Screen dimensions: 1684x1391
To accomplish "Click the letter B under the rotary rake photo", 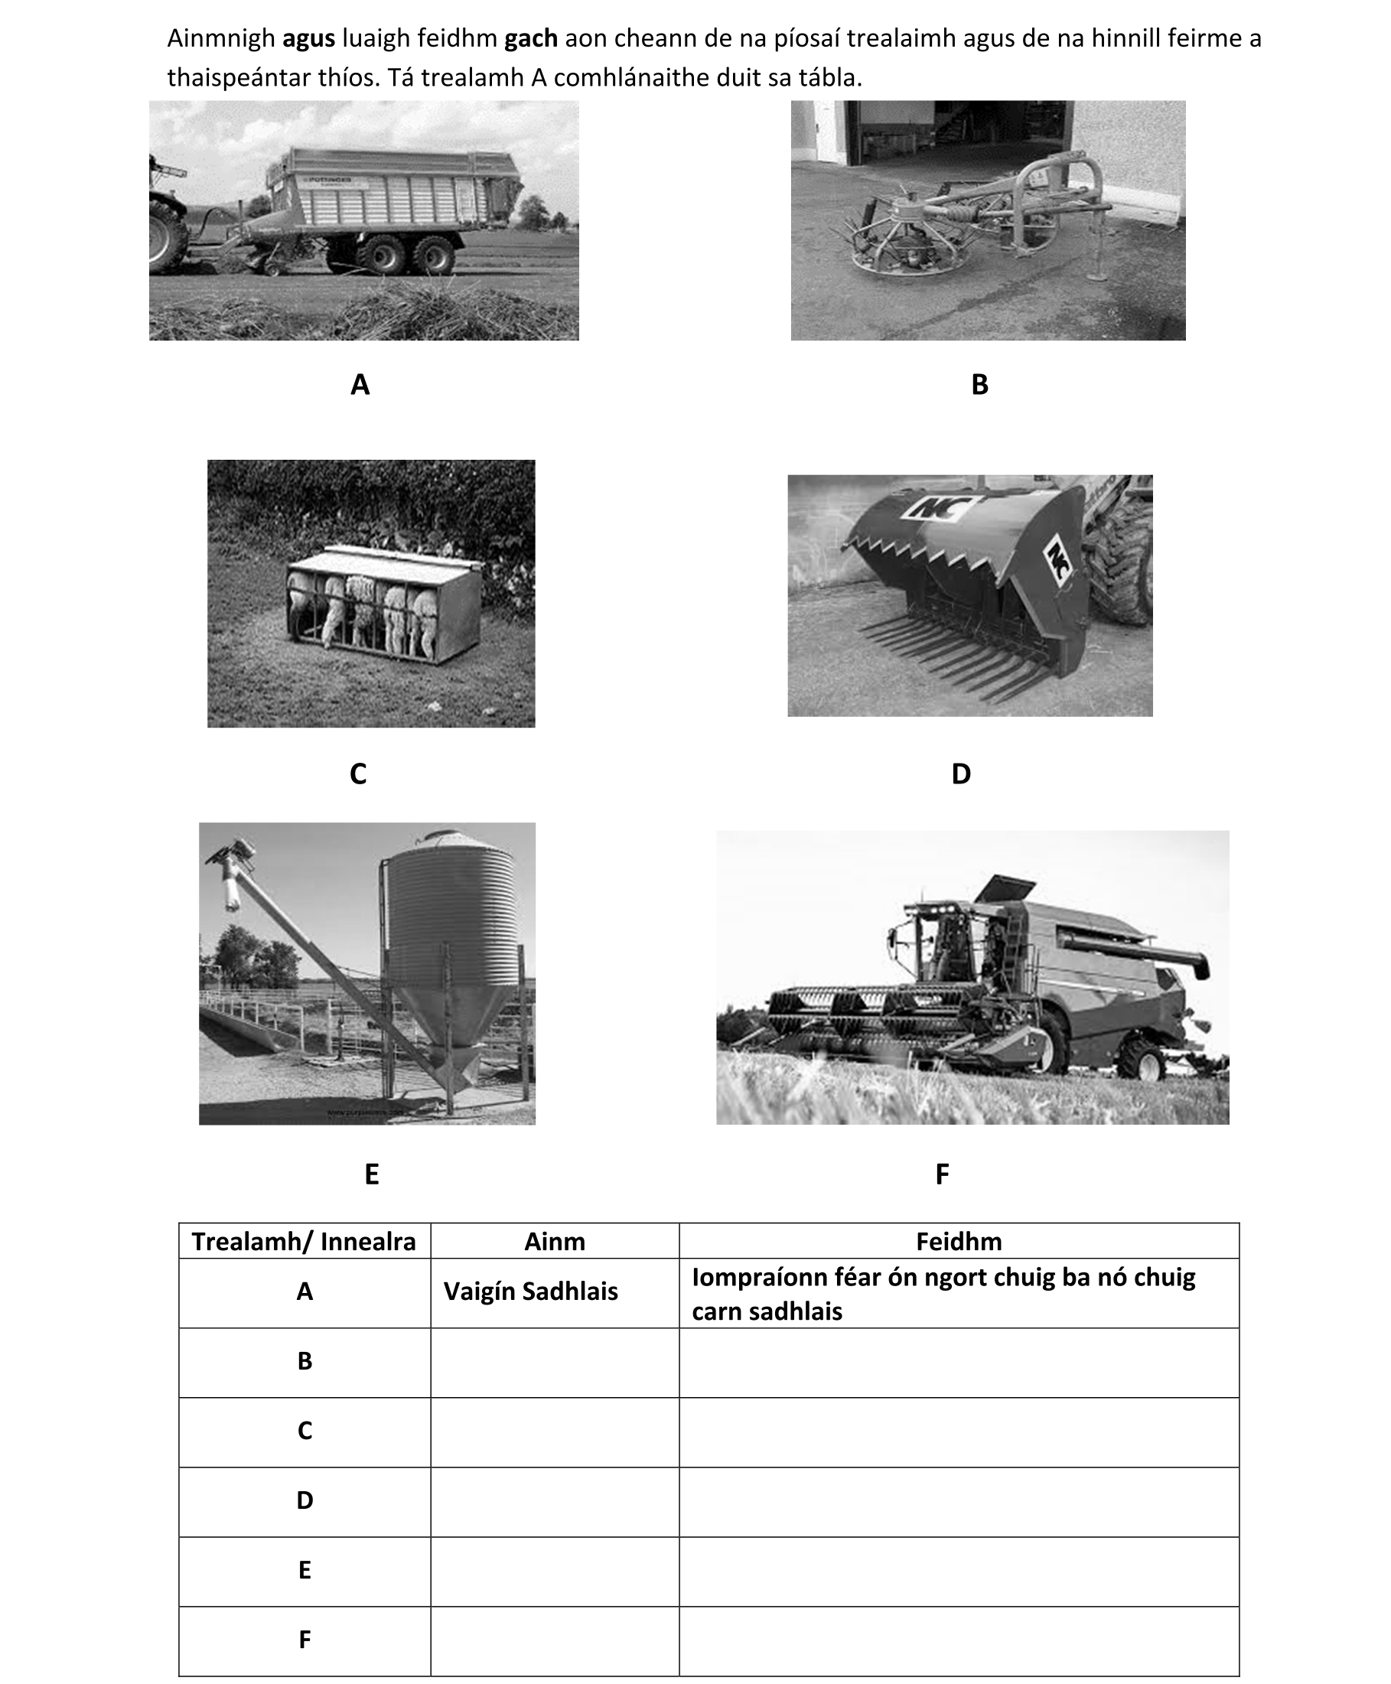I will point(979,385).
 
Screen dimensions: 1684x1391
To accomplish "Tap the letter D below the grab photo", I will point(961,773).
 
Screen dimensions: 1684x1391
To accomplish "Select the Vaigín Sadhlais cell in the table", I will point(530,1292).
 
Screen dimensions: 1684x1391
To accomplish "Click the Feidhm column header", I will point(958,1241).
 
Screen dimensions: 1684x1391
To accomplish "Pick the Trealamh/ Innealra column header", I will point(304,1241).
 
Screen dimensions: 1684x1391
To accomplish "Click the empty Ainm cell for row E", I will point(555,1569).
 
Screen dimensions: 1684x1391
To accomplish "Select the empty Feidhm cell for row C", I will point(958,1430).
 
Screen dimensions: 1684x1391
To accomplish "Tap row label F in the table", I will point(305,1639).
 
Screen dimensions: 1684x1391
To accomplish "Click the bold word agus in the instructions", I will point(308,37).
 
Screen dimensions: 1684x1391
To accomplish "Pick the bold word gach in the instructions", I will point(530,37).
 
